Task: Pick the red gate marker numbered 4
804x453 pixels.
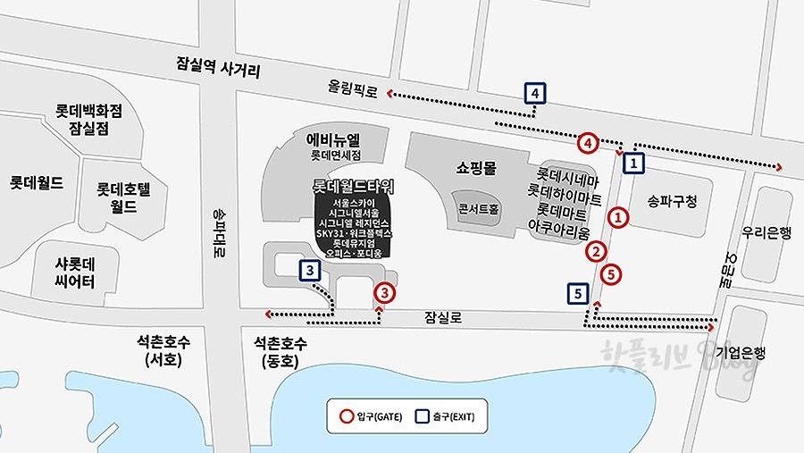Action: click(x=587, y=142)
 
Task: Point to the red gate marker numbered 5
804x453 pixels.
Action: click(x=611, y=274)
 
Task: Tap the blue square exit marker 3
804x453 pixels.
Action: click(x=309, y=271)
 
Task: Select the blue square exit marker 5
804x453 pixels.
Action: click(x=578, y=293)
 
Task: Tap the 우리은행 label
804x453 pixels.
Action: click(x=766, y=232)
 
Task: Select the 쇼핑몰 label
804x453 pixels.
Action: click(x=476, y=167)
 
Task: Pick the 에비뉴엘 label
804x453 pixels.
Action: click(x=333, y=139)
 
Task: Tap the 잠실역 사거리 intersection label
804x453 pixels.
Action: click(x=218, y=68)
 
